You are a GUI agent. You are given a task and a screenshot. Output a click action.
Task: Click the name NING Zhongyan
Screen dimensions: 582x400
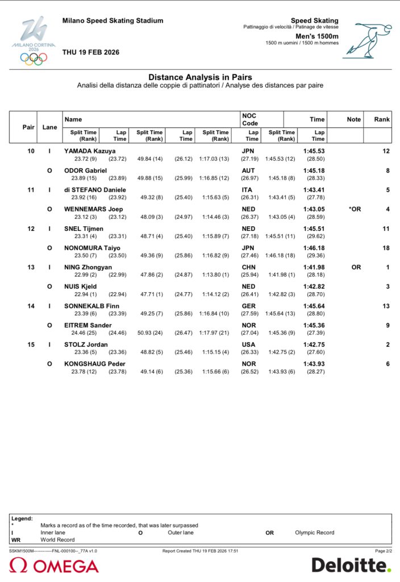[88, 267]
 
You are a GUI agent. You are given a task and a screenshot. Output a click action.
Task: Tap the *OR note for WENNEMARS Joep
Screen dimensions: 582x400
[355, 209]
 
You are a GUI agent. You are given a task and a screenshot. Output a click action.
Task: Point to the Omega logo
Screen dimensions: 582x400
[55, 566]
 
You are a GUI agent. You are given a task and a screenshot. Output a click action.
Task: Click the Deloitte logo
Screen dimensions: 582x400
[351, 565]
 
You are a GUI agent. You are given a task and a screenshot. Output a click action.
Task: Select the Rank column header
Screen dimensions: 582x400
[382, 119]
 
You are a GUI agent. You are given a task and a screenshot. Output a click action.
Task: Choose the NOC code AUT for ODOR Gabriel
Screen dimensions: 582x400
[248, 171]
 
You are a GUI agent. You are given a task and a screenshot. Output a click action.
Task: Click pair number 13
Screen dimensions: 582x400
[31, 267]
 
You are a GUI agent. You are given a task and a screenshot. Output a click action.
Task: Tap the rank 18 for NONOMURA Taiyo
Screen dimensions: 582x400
[386, 248]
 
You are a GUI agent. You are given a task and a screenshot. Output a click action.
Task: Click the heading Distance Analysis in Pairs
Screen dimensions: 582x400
[200, 77]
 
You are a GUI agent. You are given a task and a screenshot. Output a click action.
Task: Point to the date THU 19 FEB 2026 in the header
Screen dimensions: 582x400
[91, 52]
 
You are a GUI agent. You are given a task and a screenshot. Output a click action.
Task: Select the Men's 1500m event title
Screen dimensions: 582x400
[317, 36]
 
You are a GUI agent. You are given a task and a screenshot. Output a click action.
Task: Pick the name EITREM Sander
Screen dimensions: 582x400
[88, 325]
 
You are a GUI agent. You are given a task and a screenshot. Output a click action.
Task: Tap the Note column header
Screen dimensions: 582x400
[353, 119]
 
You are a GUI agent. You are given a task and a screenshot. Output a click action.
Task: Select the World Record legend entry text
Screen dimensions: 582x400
[57, 539]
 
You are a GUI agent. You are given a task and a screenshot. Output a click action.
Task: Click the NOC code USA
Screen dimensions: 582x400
[248, 344]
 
